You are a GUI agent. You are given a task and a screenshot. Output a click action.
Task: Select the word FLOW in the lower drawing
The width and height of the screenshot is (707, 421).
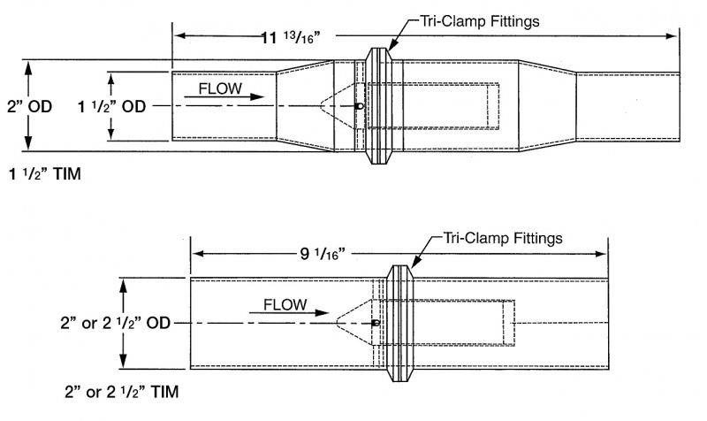[x=285, y=305]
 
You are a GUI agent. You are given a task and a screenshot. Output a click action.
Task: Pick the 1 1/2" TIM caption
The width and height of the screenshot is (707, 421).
[x=45, y=174]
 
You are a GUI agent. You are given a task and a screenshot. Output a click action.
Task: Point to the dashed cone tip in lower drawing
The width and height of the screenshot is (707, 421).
[x=338, y=323]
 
